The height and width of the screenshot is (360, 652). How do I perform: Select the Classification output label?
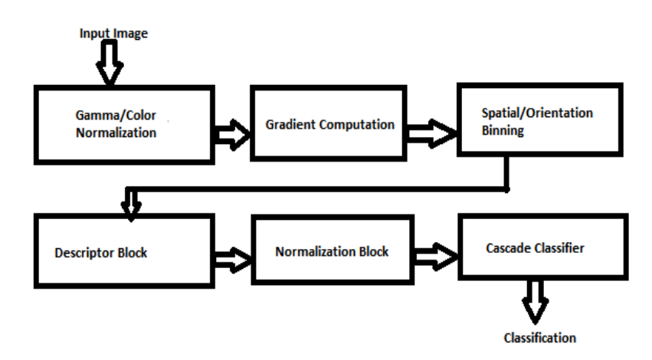539,337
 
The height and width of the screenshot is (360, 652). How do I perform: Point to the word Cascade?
509,249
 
